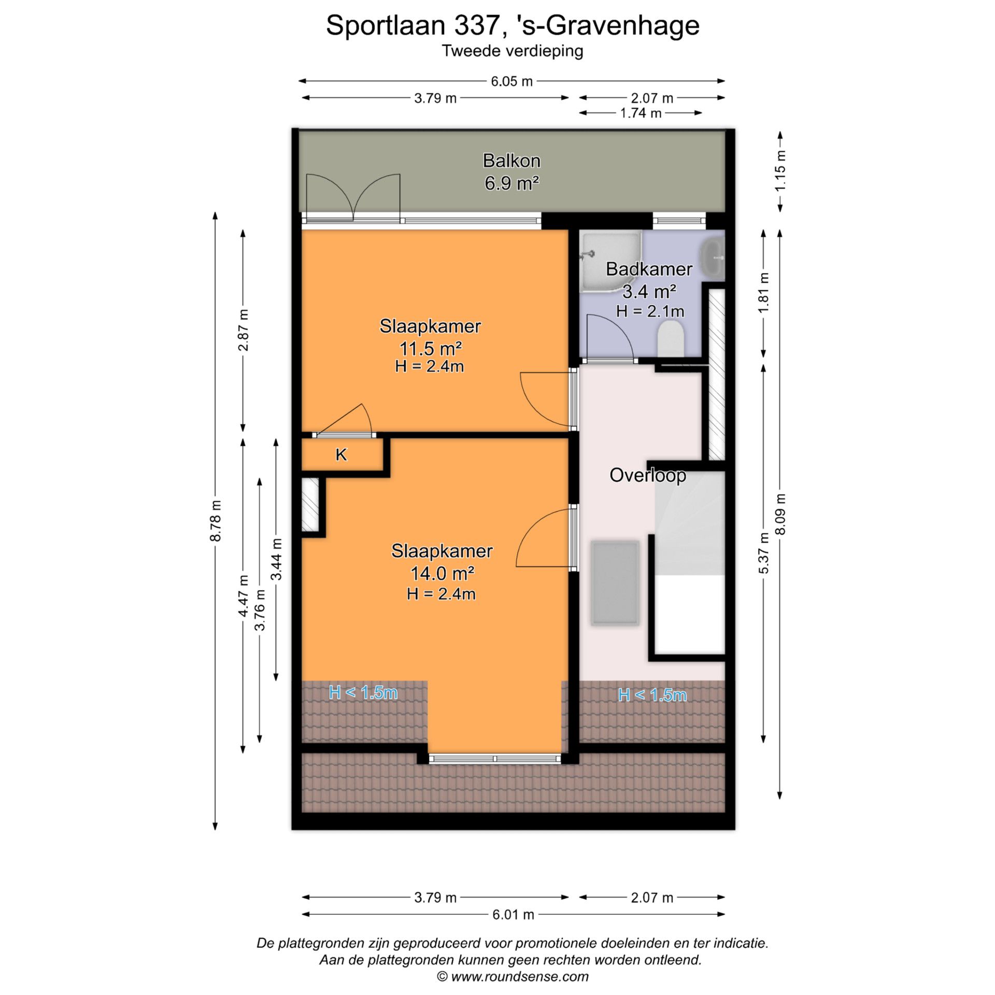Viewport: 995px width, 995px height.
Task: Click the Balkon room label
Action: point(511,161)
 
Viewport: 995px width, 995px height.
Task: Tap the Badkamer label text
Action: point(649,269)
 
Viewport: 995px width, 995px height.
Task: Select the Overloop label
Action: point(647,475)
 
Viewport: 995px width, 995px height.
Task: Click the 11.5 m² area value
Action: point(430,348)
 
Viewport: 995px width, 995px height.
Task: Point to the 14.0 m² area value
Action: point(442,573)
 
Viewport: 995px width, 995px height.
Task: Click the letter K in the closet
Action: point(341,454)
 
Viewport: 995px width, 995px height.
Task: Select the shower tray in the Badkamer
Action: point(609,259)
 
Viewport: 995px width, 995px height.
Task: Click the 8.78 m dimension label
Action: point(216,521)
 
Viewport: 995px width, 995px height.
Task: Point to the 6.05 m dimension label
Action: point(511,81)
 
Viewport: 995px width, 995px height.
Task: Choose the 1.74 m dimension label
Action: point(641,113)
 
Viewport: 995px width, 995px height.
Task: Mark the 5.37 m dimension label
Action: point(763,553)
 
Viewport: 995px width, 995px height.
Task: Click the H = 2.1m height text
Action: point(650,311)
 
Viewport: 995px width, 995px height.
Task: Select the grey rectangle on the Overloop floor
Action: point(615,583)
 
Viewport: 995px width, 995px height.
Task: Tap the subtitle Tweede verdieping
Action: point(512,51)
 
